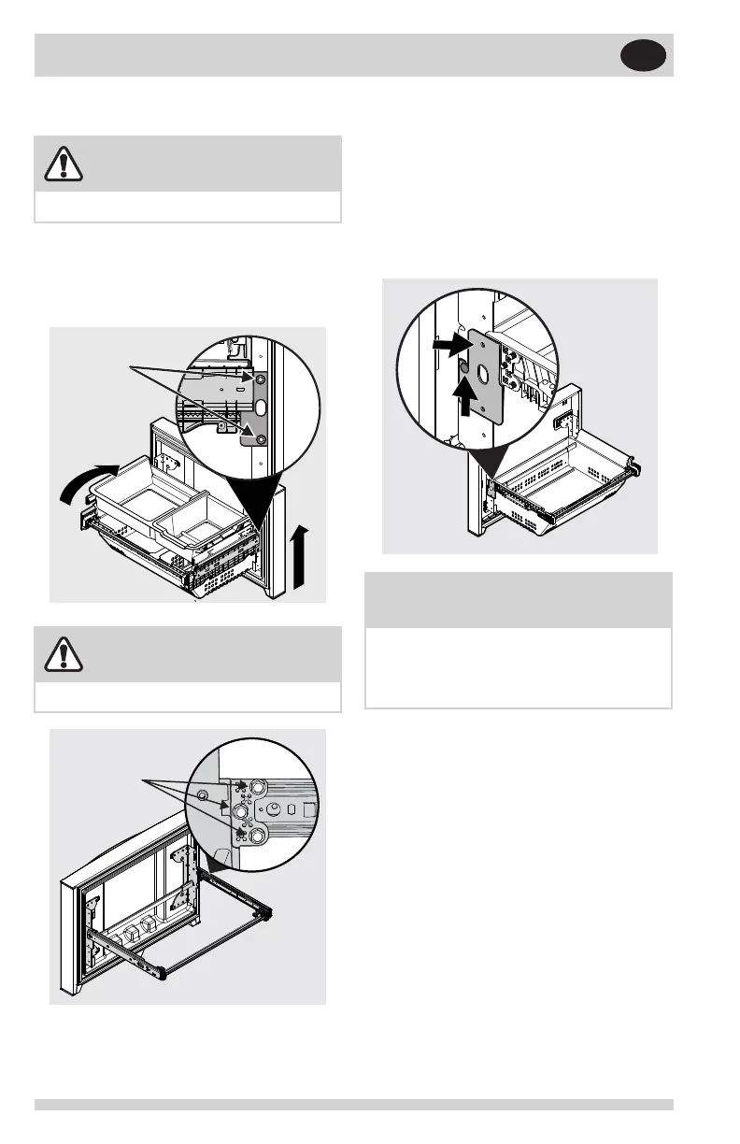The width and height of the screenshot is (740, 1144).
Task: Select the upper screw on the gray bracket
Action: click(261, 379)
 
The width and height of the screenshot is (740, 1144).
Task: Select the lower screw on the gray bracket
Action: click(261, 439)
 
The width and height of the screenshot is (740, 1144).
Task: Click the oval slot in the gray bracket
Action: click(260, 408)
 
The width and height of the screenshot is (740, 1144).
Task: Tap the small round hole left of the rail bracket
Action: click(202, 794)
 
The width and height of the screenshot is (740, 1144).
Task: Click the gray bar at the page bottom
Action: click(354, 1105)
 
